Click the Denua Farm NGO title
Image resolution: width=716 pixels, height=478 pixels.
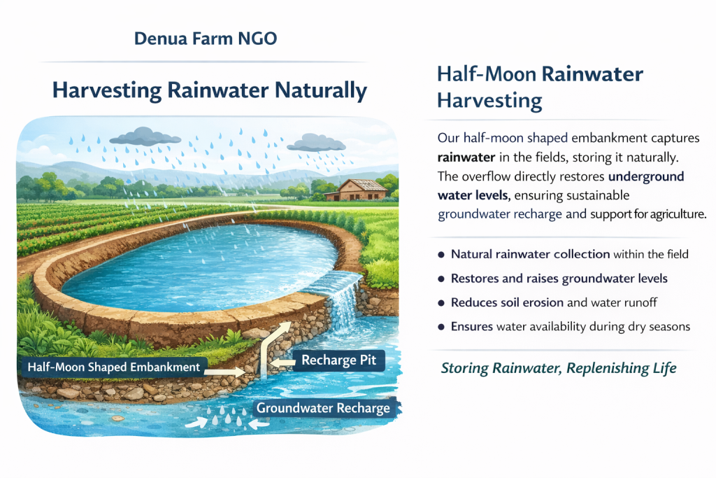(206, 38)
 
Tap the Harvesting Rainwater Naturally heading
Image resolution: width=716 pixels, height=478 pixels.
(210, 90)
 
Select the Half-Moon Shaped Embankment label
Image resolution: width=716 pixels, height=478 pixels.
(114, 367)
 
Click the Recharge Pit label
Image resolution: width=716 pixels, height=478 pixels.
(339, 360)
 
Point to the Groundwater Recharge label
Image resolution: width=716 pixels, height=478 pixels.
(323, 407)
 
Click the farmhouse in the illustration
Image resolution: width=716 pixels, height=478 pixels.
(357, 190)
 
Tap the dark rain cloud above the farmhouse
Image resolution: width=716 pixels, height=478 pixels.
(316, 142)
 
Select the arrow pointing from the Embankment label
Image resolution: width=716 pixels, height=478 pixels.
(224, 372)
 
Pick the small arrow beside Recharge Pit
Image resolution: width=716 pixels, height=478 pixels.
(282, 363)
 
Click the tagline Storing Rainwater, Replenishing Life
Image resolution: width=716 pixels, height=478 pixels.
(559, 368)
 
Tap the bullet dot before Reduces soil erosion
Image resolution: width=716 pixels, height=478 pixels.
(441, 303)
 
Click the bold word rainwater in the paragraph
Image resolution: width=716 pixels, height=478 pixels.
(466, 157)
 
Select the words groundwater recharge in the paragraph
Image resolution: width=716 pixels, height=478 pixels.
(499, 214)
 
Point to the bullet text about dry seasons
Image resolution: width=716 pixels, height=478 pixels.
(571, 327)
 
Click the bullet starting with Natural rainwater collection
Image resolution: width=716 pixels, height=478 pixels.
(569, 254)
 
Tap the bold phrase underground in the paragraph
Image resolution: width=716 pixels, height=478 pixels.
(646, 177)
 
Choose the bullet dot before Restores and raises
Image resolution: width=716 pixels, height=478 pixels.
(441, 279)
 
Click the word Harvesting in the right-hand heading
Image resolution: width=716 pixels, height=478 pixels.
(489, 101)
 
